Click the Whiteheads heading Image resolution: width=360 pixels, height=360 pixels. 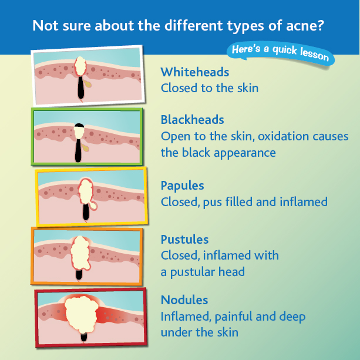(195, 72)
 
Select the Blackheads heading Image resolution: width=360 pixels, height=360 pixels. (193, 120)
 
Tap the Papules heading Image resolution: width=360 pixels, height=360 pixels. (182, 186)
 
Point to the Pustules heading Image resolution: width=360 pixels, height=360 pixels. (184, 240)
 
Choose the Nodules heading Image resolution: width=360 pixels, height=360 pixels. (184, 300)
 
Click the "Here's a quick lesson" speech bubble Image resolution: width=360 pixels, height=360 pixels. (280, 53)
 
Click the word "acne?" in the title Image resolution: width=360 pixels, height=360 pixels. (305, 26)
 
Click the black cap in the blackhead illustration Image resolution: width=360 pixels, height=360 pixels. (79, 125)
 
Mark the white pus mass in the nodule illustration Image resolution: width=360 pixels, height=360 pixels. (82, 315)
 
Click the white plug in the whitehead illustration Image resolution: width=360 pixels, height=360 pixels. (80, 66)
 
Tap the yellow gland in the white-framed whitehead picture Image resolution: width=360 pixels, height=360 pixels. (88, 83)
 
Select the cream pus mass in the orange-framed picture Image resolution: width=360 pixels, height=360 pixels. (80, 253)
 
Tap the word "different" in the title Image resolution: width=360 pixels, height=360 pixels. (194, 25)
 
